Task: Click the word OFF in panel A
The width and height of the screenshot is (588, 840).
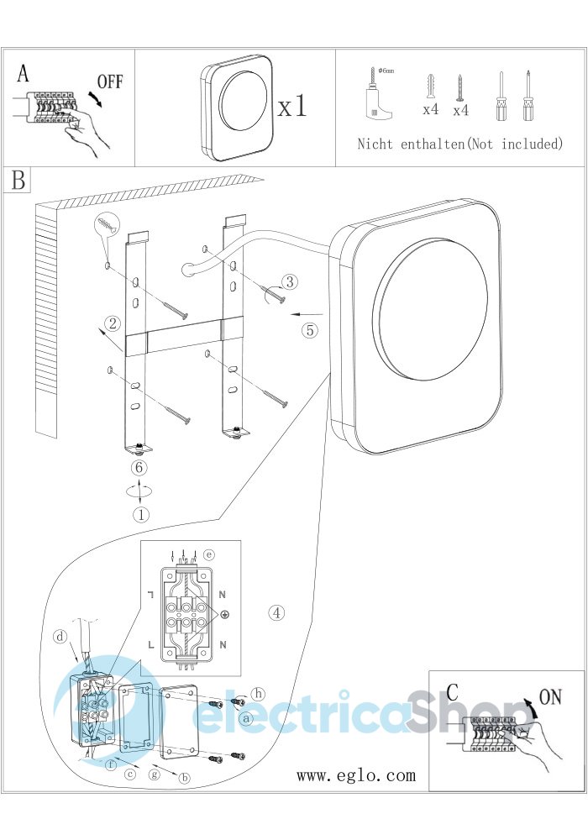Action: [110, 82]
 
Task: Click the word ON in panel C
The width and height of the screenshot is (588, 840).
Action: [550, 696]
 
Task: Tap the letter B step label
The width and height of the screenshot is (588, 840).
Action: [18, 181]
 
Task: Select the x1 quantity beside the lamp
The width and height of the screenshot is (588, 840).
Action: [292, 106]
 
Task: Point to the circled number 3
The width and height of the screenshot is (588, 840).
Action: [288, 281]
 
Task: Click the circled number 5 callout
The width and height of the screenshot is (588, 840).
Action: [310, 330]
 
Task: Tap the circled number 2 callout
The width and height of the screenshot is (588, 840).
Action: [110, 323]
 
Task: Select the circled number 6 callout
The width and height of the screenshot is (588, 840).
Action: [140, 467]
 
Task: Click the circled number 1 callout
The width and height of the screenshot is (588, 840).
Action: [140, 514]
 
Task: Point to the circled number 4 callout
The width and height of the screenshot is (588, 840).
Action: [277, 612]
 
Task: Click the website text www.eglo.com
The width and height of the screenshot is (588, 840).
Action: [355, 775]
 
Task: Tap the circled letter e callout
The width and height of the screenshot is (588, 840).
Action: [209, 554]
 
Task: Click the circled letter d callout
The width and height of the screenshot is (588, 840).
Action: [60, 636]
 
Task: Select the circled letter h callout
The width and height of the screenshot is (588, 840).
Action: [259, 694]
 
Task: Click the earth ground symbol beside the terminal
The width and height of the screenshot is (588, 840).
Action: [226, 617]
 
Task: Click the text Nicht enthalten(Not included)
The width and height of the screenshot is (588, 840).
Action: [459, 144]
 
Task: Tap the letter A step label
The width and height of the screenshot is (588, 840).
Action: [23, 74]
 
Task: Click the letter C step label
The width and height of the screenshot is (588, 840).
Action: [452, 694]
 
